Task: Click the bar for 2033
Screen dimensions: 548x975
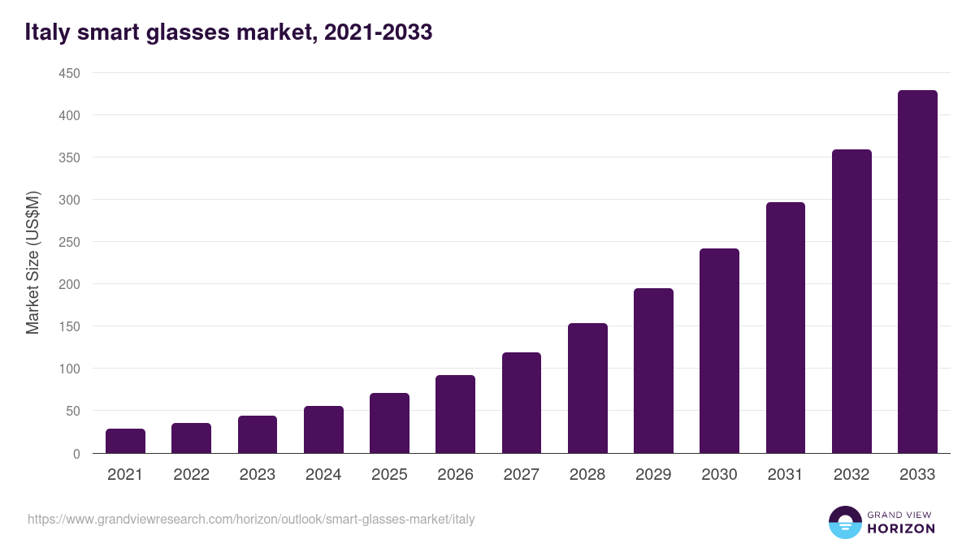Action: pyautogui.click(x=917, y=272)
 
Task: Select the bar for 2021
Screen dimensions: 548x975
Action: pyautogui.click(x=125, y=441)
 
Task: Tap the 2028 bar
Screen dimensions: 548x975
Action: pyautogui.click(x=587, y=388)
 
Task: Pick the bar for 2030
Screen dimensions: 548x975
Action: pyautogui.click(x=719, y=351)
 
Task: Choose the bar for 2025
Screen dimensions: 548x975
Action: pyautogui.click(x=389, y=423)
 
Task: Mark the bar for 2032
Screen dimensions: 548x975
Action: pyautogui.click(x=851, y=301)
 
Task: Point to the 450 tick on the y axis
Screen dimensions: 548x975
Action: pyautogui.click(x=69, y=73)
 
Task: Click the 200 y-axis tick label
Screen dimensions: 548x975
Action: pyautogui.click(x=69, y=284)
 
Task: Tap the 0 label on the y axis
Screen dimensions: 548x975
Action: pyautogui.click(x=76, y=454)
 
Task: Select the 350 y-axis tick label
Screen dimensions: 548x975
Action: pyautogui.click(x=69, y=157)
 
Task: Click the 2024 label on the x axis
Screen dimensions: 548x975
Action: pyautogui.click(x=323, y=475)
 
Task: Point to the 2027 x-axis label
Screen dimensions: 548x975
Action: pyautogui.click(x=521, y=475)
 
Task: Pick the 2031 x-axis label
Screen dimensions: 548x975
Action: pyautogui.click(x=785, y=475)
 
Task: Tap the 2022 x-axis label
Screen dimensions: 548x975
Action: pyautogui.click(x=191, y=475)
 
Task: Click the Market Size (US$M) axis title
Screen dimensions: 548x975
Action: pyautogui.click(x=32, y=262)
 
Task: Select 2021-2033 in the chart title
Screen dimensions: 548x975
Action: pyautogui.click(x=378, y=32)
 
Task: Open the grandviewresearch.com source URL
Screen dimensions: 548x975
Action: pyautogui.click(x=251, y=519)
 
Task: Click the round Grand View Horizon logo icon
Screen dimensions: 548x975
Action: pyautogui.click(x=844, y=522)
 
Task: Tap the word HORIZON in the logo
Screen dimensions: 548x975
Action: pyautogui.click(x=901, y=529)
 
